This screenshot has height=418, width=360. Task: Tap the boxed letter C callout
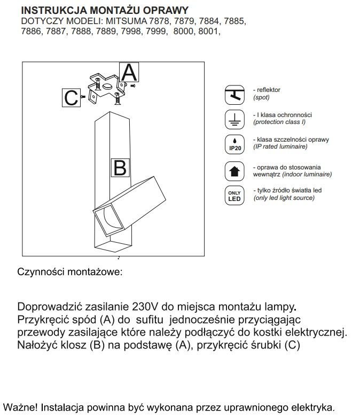coord(71,98)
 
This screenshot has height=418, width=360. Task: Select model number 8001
coord(208,32)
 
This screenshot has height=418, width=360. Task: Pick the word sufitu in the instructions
coord(149,320)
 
